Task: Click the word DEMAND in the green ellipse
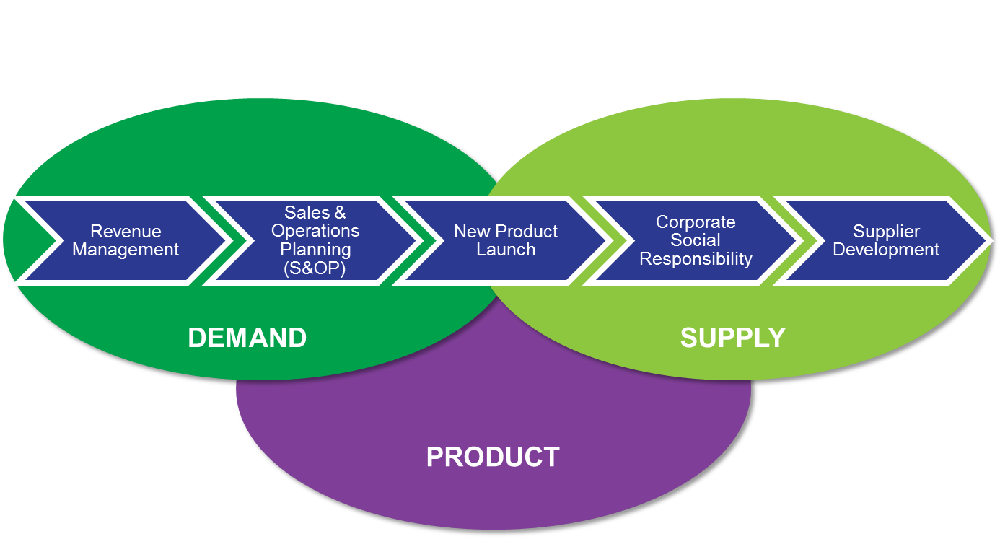click(247, 338)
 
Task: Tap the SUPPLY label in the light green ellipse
click(732, 338)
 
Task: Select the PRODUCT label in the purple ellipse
click(493, 457)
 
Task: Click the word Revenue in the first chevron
click(126, 232)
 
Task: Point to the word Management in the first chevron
click(126, 250)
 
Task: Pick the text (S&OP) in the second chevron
click(315, 268)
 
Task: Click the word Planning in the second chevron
click(315, 250)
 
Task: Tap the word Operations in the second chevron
click(315, 231)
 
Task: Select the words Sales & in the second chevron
click(315, 213)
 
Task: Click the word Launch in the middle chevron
click(506, 250)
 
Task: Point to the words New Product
click(506, 232)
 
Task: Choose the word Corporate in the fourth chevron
click(696, 222)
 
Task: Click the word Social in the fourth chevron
click(696, 240)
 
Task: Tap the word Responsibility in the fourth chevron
click(696, 258)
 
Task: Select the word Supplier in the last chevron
click(886, 232)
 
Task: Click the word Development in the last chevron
click(886, 250)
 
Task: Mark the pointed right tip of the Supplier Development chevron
click(988, 240)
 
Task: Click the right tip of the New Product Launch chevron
click(608, 240)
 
